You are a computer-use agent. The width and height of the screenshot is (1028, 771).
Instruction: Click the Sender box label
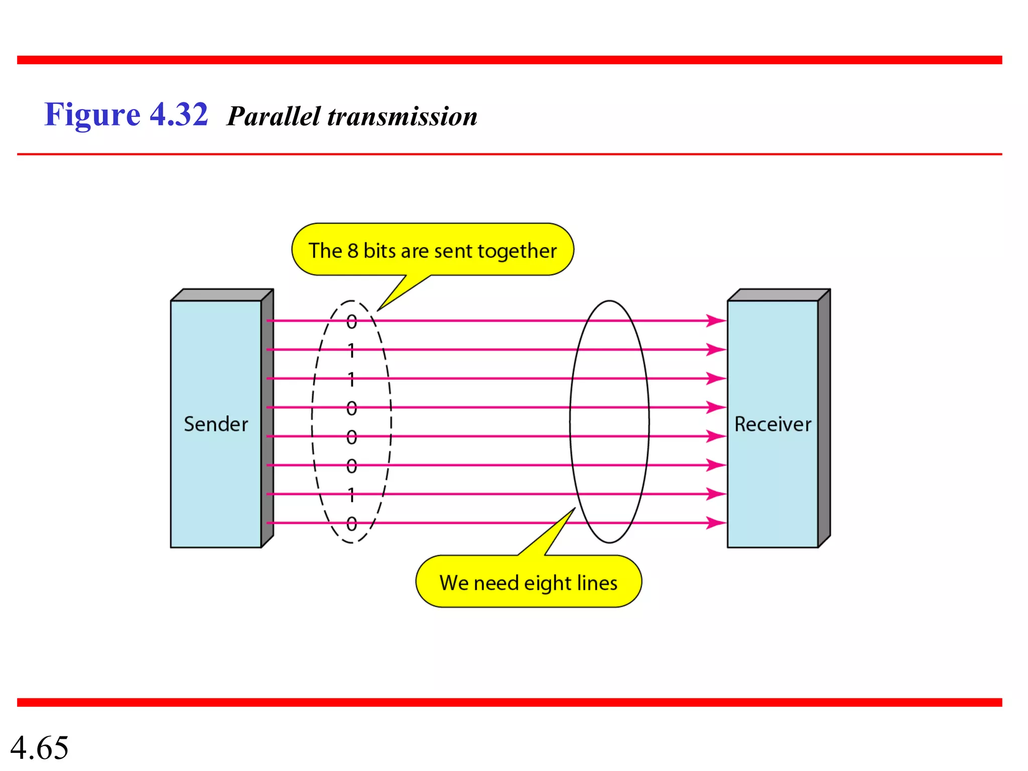216,425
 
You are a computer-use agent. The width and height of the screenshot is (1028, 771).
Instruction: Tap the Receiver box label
773,425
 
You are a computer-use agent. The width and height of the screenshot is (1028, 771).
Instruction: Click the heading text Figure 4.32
126,115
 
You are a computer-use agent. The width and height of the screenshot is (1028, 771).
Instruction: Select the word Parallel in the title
274,116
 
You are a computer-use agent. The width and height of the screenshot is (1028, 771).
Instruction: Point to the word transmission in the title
402,116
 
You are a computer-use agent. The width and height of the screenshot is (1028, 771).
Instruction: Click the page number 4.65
39,747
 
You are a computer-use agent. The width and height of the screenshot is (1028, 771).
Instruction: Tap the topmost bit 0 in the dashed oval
352,322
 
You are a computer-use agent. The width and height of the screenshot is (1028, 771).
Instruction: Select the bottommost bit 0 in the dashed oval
352,524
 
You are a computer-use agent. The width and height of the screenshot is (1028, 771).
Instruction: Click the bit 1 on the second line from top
352,350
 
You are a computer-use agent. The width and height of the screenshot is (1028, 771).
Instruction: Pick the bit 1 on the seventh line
352,495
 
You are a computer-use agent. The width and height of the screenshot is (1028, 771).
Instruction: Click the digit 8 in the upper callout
353,251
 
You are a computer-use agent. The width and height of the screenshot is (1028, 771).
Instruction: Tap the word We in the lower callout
454,583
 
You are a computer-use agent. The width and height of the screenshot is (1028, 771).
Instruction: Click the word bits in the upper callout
379,251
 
